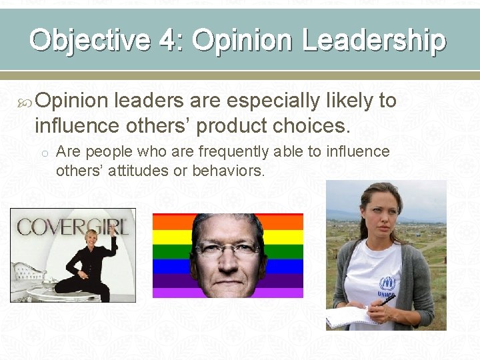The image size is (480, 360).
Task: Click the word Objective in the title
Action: (x=89, y=40)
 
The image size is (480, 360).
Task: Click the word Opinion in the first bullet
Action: (x=71, y=101)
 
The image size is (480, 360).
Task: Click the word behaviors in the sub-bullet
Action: (x=228, y=171)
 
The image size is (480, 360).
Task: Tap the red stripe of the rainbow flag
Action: (x=167, y=221)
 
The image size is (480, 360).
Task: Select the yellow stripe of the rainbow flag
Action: (x=167, y=237)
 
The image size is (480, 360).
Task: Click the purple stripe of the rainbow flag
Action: (x=167, y=291)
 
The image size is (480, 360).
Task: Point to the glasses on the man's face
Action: (x=227, y=251)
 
